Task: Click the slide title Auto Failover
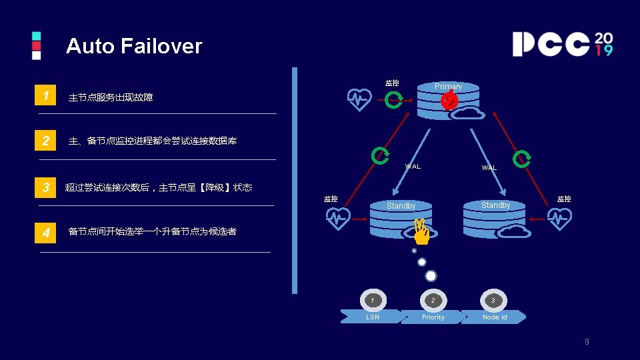coord(133,46)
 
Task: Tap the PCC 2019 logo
coord(562,44)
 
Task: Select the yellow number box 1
coord(45,96)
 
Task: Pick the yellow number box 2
coord(45,141)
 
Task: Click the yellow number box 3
coord(45,187)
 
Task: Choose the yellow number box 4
coord(45,233)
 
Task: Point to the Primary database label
coord(448,87)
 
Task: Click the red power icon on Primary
coord(449,101)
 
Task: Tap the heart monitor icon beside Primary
coord(360,100)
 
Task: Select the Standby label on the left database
coord(401,206)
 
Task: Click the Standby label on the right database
coord(495,205)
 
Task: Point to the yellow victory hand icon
coord(421,231)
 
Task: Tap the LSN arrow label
coord(373,317)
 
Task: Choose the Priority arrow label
coord(433,317)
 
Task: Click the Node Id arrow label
coord(495,317)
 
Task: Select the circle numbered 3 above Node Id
coord(493,301)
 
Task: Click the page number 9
coord(587,342)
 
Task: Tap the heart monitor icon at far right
coord(559,219)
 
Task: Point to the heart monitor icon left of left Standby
coord(339,219)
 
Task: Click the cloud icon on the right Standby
coord(514,231)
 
